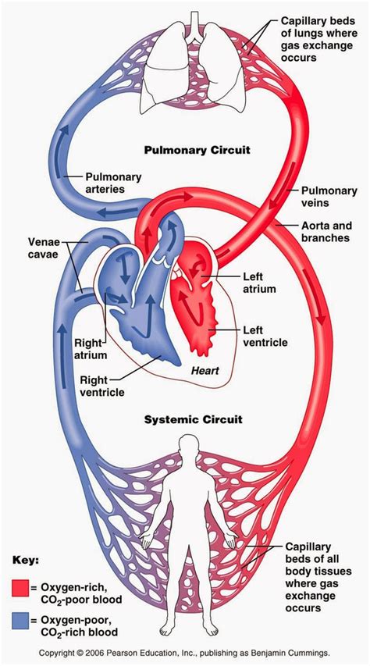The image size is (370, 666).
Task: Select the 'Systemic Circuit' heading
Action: point(193,419)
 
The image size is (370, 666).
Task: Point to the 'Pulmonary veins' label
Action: point(325,196)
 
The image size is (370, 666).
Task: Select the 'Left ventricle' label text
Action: point(264,336)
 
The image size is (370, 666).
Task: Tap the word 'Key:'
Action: point(26,560)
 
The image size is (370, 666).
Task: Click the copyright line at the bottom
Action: point(185,652)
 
